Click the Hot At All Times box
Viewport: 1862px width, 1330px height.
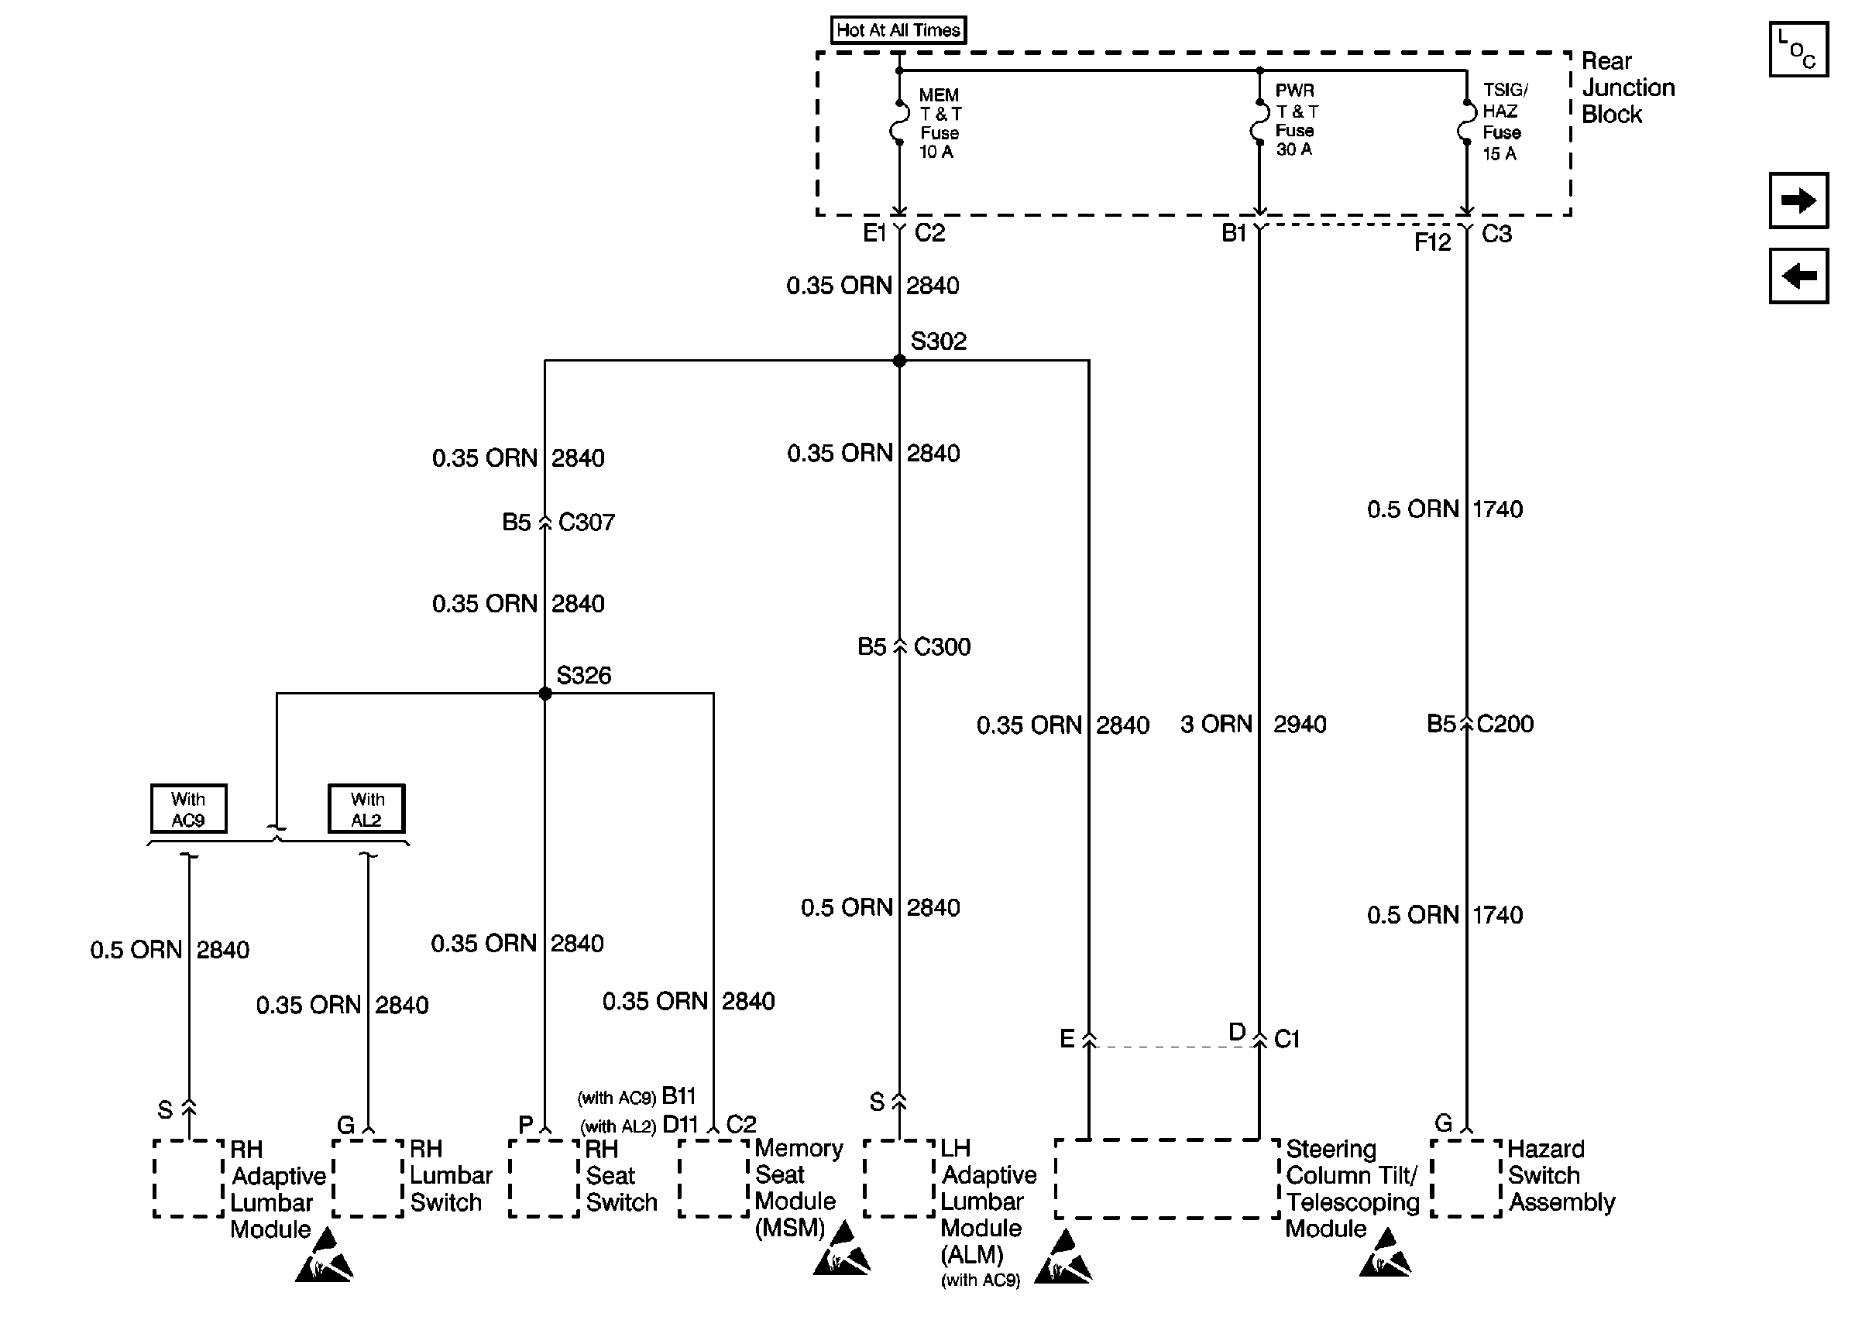coord(898,30)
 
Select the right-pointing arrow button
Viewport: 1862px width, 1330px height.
coord(1798,200)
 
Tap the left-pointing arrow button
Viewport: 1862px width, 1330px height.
coord(1798,276)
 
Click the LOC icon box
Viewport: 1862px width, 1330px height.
coord(1798,49)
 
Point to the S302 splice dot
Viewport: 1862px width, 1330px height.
coord(898,360)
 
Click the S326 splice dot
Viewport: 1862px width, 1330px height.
coord(545,694)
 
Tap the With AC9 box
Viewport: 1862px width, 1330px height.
coord(188,808)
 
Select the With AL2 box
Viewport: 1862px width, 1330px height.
coord(366,808)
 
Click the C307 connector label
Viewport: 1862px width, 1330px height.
coord(586,523)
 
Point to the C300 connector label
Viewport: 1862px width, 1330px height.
coord(941,647)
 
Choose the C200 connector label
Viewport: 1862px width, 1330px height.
coord(1505,724)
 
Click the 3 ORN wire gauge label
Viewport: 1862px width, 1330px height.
coord(1216,724)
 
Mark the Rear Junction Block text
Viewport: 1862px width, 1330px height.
coord(1626,87)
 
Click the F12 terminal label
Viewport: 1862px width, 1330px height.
coord(1432,242)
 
